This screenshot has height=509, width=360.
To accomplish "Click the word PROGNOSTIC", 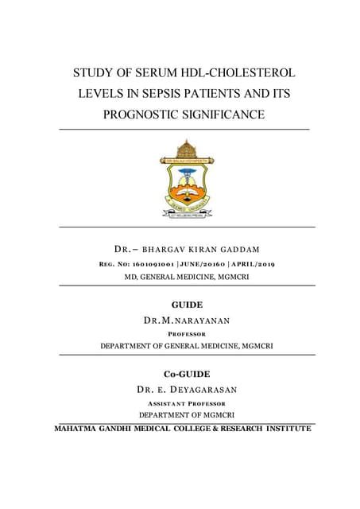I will (x=145, y=116).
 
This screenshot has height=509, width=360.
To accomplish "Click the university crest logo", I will (x=185, y=177).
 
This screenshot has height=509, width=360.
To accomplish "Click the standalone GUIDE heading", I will (x=188, y=305).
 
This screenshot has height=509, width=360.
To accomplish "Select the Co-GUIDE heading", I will (x=188, y=374).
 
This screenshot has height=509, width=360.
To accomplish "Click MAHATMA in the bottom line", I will (x=79, y=429).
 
